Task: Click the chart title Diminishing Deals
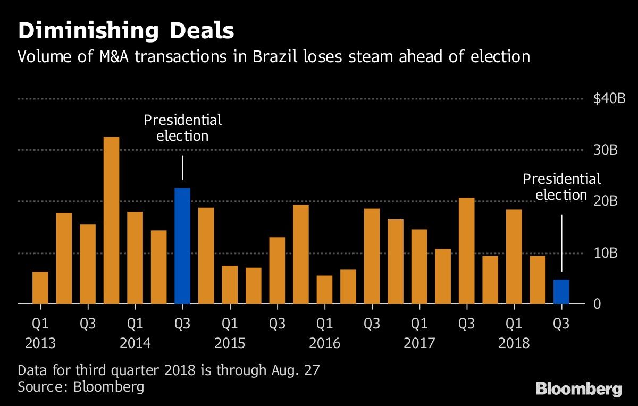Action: [x=125, y=31]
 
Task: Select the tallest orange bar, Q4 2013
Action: [x=111, y=220]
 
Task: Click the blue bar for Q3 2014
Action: [x=182, y=246]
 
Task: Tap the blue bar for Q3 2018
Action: [x=561, y=292]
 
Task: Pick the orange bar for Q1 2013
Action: [x=40, y=287]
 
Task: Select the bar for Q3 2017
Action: [x=466, y=250]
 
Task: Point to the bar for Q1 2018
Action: [x=514, y=257]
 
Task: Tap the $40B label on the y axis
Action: [x=609, y=99]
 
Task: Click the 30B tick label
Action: [x=606, y=150]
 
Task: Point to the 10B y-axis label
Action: [x=606, y=253]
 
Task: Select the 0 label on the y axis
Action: [x=597, y=304]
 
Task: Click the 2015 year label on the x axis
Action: [x=230, y=343]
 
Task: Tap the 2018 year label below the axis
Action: [x=514, y=343]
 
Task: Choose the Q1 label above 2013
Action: [x=40, y=323]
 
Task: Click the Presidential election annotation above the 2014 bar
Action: [x=182, y=128]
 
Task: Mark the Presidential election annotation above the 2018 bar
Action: [x=561, y=187]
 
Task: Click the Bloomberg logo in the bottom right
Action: [x=578, y=389]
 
